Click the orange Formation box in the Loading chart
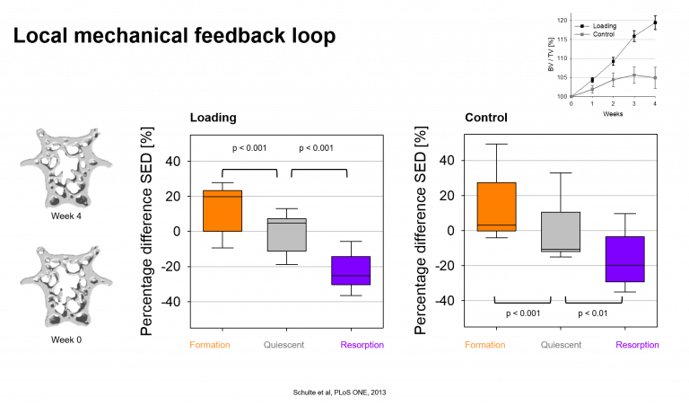click(222, 211)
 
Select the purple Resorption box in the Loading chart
click(351, 270)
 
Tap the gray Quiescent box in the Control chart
click(561, 232)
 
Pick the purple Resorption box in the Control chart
click(624, 259)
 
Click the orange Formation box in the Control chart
click(496, 207)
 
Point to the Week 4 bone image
click(65, 168)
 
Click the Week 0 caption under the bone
click(65, 340)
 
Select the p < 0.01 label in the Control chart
click(593, 313)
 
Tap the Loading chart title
click(214, 118)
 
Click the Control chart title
click(486, 118)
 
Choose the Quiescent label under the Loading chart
click(283, 345)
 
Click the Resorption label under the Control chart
click(637, 345)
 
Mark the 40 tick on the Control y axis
click(447, 160)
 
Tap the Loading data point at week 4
click(655, 22)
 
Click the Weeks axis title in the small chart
click(613, 114)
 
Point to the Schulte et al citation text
click(340, 393)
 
